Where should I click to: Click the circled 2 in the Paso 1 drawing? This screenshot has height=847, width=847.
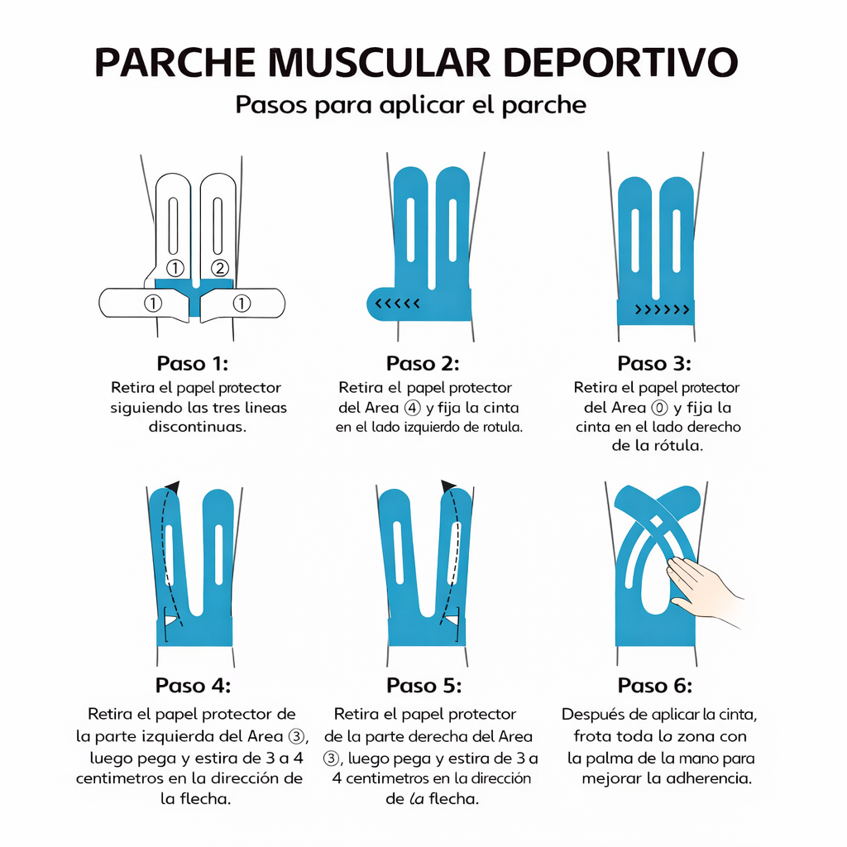point(219,267)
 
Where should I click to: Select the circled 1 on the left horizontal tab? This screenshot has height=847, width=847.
point(152,304)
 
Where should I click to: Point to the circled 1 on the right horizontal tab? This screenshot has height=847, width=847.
point(242,304)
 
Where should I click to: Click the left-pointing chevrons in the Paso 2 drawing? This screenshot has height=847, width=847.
point(397,304)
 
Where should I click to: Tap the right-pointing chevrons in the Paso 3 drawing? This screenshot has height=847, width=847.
point(662,310)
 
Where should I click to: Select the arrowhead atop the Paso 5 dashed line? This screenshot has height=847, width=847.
point(448,486)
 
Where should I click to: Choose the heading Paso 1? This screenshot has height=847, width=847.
point(192,364)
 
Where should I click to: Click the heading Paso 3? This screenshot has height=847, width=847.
point(654,364)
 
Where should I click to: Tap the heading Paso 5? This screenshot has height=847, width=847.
point(423,686)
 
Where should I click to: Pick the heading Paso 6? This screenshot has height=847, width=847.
point(654,686)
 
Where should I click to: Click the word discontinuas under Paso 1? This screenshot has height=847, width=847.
point(198,428)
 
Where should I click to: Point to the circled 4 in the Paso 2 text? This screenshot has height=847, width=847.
point(412,408)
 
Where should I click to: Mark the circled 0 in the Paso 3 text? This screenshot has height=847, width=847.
point(658,408)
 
